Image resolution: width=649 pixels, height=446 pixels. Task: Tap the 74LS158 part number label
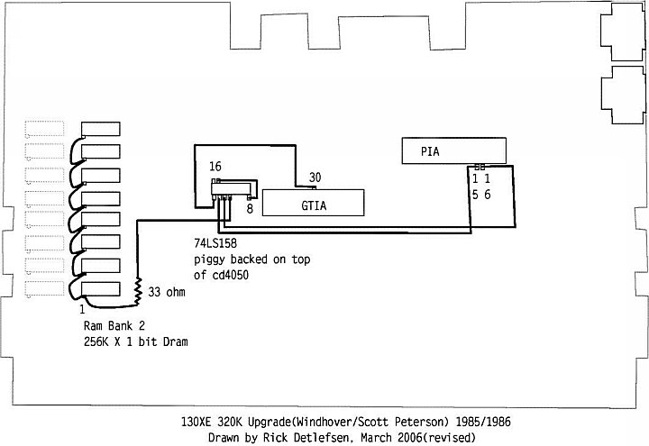click(x=215, y=243)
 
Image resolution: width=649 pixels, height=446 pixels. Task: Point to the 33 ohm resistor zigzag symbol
click(x=138, y=292)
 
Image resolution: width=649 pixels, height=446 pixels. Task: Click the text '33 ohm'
click(x=167, y=292)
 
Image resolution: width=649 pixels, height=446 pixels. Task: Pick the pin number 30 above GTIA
click(x=315, y=177)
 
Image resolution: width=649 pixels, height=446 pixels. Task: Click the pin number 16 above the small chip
click(x=215, y=167)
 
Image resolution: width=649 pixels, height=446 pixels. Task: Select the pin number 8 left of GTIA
click(x=250, y=208)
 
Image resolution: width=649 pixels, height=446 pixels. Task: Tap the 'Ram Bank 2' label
click(x=114, y=325)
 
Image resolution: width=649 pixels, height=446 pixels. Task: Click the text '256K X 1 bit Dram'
click(x=136, y=341)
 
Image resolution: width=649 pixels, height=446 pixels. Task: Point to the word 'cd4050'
click(x=230, y=275)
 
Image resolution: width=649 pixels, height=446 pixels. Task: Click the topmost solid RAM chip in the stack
click(x=101, y=129)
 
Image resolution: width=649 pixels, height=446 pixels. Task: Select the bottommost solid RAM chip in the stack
click(x=101, y=289)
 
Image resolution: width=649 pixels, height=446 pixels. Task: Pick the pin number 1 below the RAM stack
click(x=82, y=309)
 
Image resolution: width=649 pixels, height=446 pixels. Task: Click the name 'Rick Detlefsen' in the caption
click(x=306, y=437)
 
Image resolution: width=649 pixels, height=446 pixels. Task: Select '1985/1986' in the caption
click(x=483, y=422)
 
